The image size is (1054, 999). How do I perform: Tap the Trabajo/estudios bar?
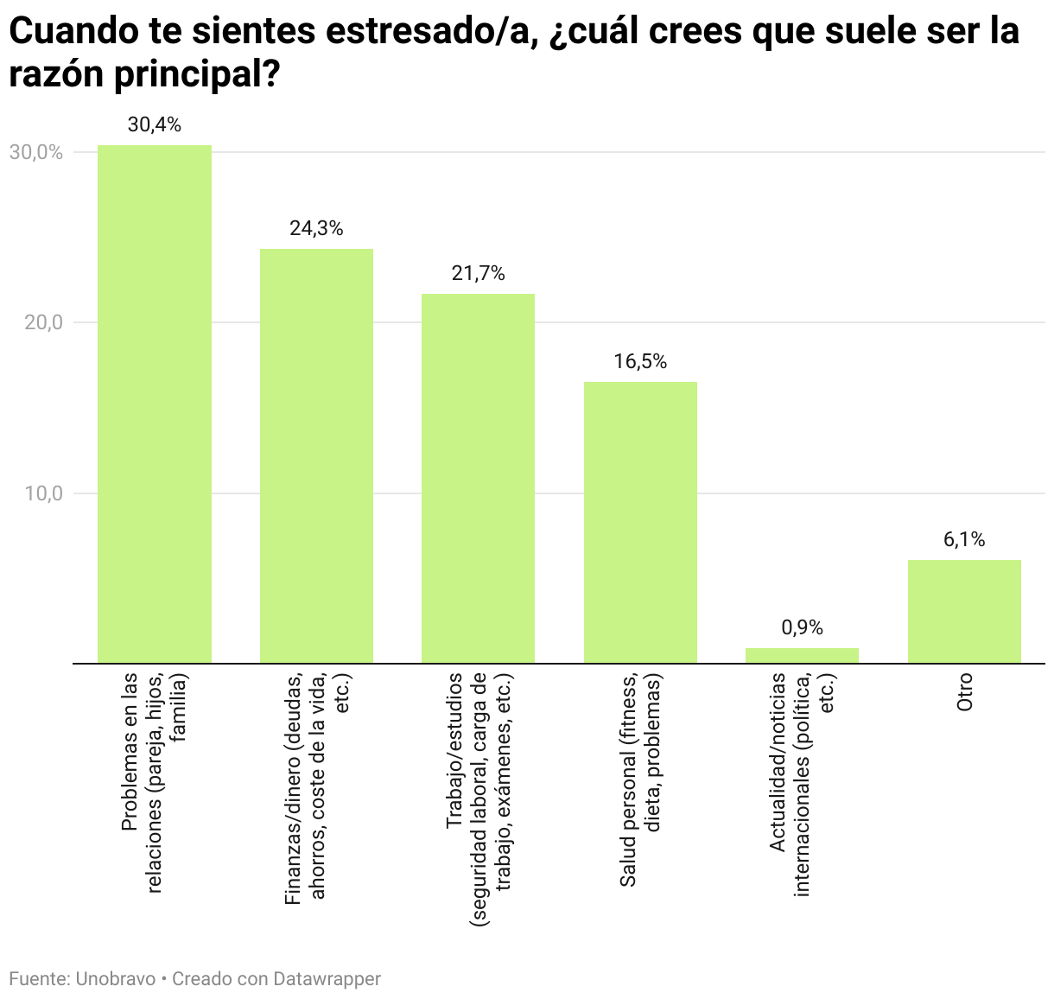pos(478,479)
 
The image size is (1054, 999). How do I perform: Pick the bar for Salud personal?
pos(640,523)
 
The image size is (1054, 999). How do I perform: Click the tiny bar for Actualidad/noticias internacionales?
pos(802,656)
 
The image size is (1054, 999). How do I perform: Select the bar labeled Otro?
pos(964,612)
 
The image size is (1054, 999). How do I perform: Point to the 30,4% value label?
pos(155,125)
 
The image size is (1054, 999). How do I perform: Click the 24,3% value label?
pos(316,229)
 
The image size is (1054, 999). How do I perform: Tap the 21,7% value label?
pos(478,274)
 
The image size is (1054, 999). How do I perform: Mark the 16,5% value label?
pos(640,362)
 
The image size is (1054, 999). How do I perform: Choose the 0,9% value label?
pos(802,628)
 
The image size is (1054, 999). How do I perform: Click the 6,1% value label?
pos(964,540)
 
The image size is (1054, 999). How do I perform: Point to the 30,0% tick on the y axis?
pos(36,152)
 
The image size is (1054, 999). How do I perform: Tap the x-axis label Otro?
pos(964,692)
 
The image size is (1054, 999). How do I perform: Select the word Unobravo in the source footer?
pos(116,979)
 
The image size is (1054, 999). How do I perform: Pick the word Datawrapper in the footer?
pos(327,979)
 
